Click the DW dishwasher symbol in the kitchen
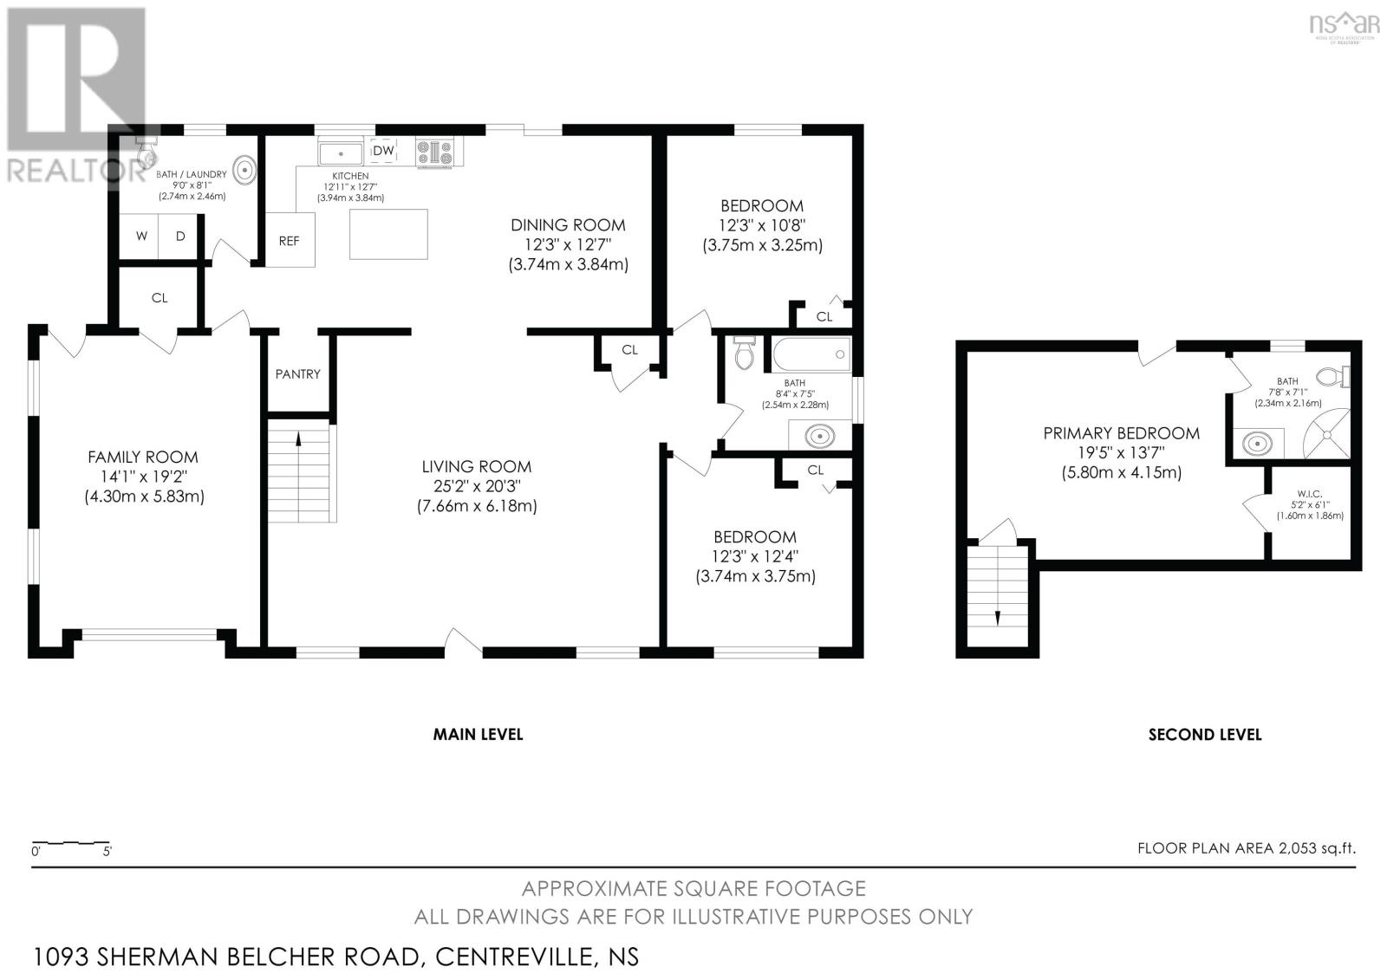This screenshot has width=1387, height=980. point(383,151)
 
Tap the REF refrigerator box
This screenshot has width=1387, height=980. point(290,240)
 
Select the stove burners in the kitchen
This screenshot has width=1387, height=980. point(434,152)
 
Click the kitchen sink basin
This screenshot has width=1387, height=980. point(340,153)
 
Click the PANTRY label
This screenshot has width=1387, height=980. point(298,374)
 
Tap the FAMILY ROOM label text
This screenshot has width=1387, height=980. point(143,457)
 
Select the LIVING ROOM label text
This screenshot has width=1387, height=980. point(477,466)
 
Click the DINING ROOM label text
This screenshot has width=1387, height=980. point(568,224)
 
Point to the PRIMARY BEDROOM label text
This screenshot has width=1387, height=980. point(1122,433)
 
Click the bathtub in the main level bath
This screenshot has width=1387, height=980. point(811,354)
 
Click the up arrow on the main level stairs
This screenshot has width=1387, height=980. point(298,439)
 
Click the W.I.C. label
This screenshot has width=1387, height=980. point(1310,493)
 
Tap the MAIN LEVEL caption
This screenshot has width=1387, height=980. point(478,734)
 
